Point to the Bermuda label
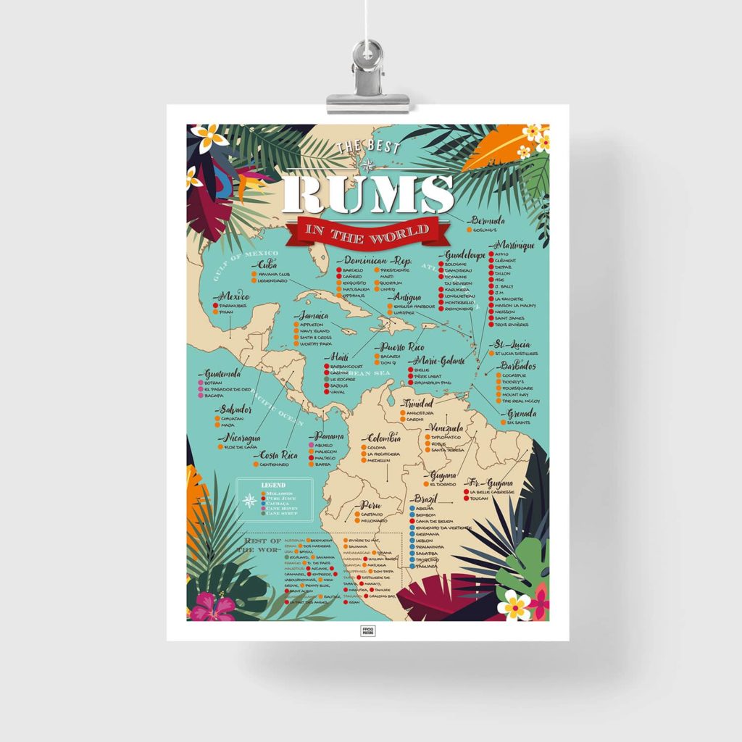488,220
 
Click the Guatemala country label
222,374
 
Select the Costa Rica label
280,455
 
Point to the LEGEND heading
274,485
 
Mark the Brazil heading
428,499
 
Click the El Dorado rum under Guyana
443,484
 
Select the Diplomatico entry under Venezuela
446,437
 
